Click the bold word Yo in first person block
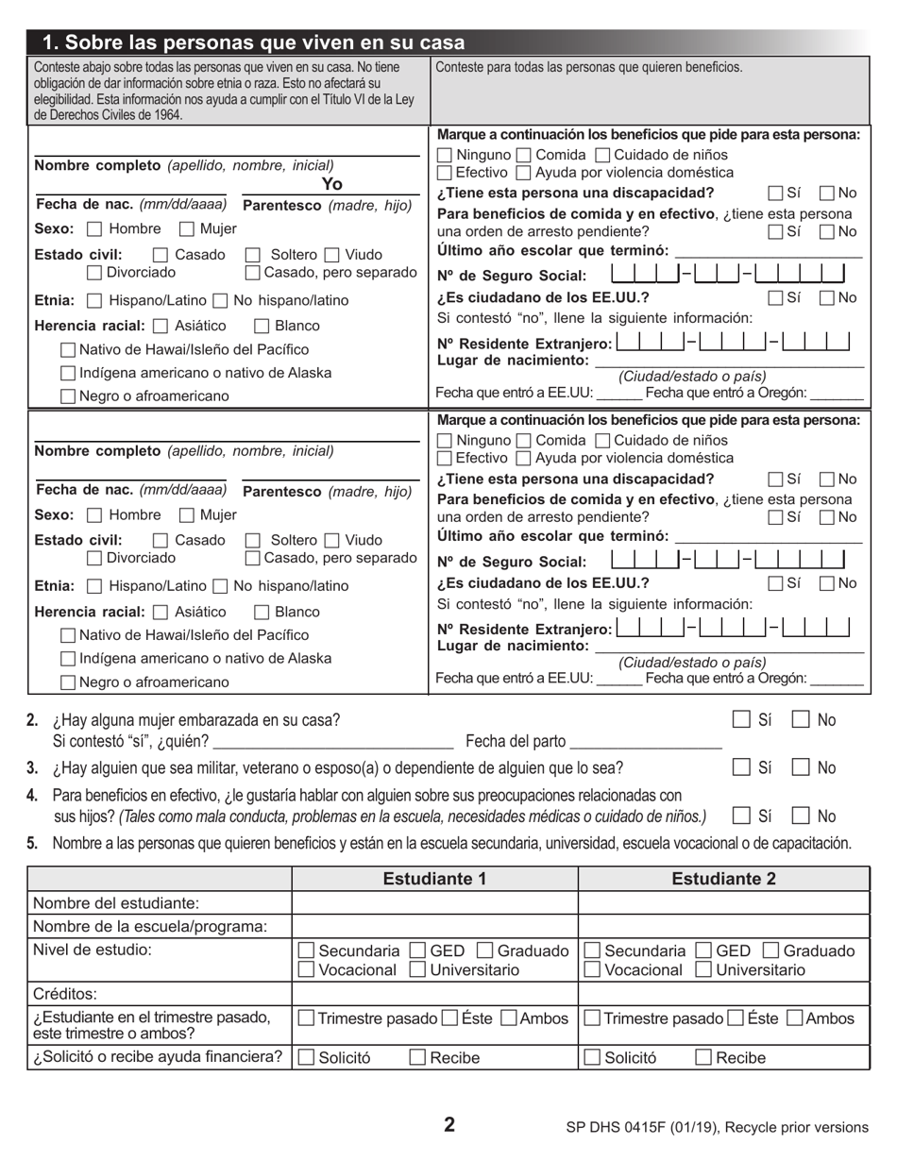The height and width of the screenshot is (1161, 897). [x=331, y=185]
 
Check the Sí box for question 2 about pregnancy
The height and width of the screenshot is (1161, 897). [x=742, y=719]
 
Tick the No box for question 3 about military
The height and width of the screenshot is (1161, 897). [x=801, y=767]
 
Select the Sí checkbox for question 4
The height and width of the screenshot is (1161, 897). [x=742, y=816]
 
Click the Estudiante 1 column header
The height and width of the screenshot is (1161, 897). [x=434, y=879]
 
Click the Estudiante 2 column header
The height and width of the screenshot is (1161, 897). [x=723, y=879]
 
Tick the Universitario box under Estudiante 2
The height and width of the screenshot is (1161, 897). [x=703, y=969]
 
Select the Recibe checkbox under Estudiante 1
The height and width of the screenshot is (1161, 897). [x=418, y=1057]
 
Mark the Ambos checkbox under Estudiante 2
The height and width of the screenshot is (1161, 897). [x=795, y=1018]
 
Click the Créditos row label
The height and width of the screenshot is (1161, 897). [x=65, y=994]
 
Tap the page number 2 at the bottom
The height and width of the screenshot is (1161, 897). [x=449, y=1124]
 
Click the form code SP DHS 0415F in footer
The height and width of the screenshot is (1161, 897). [x=625, y=1127]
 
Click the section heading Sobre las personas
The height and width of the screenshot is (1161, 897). [x=255, y=42]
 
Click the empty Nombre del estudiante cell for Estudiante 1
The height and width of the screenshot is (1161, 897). [x=434, y=903]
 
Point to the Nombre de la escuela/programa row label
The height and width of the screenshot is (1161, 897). [x=150, y=926]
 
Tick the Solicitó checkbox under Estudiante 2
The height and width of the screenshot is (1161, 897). [x=592, y=1057]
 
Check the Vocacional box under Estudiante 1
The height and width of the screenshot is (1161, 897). [x=307, y=969]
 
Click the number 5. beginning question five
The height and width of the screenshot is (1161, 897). [x=33, y=843]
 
